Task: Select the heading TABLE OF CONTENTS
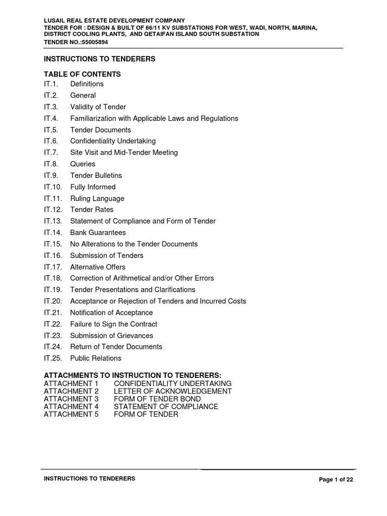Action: tap(83, 74)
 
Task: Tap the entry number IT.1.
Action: tap(52, 84)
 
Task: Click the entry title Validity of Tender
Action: tap(98, 107)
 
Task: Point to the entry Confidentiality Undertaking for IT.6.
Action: tap(113, 141)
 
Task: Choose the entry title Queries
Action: tap(83, 164)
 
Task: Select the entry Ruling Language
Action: tap(97, 199)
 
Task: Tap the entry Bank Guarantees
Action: tap(98, 233)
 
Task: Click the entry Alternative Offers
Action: tap(98, 267)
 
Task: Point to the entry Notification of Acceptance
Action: tap(111, 313)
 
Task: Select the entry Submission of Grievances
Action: tap(111, 336)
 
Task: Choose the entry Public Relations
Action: tap(96, 358)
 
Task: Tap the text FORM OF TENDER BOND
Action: tap(157, 399)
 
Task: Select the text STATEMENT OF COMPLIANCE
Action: tap(166, 407)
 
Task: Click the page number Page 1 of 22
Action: tap(336, 480)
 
